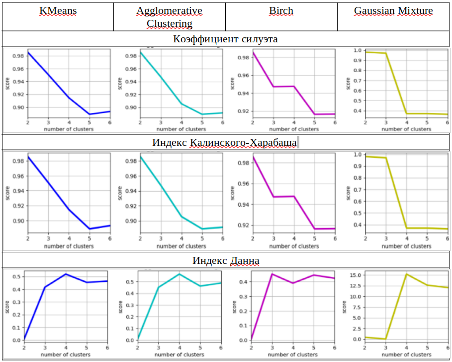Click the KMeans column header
pyautogui.click(x=58, y=10)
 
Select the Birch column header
pyautogui.click(x=281, y=10)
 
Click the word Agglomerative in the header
pyautogui.click(x=169, y=10)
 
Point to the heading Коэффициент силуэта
pyautogui.click(x=225, y=39)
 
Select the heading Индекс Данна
pyautogui.click(x=225, y=260)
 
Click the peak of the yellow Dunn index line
pyautogui.click(x=407, y=274)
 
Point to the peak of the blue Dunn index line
pyautogui.click(x=66, y=274)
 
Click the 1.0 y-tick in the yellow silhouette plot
pyautogui.click(x=358, y=50)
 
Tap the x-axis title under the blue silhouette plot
pyautogui.click(x=69, y=129)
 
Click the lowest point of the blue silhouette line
pyautogui.click(x=90, y=115)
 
